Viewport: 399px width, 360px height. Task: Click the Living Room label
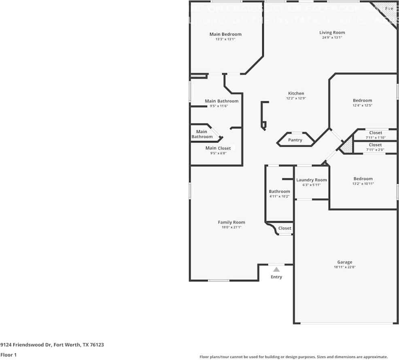point(332,32)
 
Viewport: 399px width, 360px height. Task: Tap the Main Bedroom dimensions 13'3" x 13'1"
point(225,39)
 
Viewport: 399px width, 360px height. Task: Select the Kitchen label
point(296,93)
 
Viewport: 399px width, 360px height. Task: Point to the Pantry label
point(295,140)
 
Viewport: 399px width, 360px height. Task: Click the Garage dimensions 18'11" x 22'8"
point(345,267)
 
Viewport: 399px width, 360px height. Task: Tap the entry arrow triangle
point(276,269)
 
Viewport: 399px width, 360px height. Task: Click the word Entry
point(276,277)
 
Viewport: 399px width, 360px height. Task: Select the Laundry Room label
point(312,180)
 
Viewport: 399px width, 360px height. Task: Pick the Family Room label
point(231,222)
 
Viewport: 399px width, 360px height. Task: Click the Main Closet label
point(218,148)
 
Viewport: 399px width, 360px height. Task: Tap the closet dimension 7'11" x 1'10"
point(375,138)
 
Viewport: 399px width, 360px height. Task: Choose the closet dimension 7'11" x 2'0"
point(375,150)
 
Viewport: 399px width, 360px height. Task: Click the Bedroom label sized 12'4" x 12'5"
point(362,100)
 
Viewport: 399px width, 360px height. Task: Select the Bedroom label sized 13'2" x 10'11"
point(363,179)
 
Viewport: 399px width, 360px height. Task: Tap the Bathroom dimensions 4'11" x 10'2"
point(279,196)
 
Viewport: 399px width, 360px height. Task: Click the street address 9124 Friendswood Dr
point(52,345)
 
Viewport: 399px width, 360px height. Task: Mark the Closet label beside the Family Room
point(285,228)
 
